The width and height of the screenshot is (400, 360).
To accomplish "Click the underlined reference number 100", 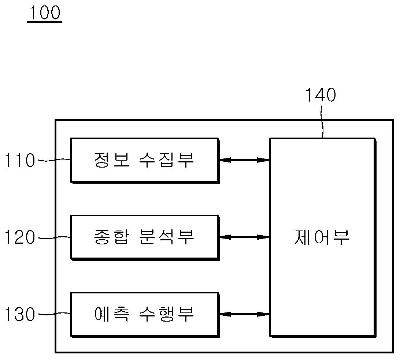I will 44,14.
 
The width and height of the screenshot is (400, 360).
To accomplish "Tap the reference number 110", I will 20,161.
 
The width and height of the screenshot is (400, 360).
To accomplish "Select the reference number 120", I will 20,238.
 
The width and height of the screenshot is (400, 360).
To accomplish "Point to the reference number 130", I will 20,315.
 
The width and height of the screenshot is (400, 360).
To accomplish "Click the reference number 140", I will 321,95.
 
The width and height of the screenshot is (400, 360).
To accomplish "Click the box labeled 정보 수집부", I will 144,160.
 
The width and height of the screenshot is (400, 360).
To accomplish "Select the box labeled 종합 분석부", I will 144,237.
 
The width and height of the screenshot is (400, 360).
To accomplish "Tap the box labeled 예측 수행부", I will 144,314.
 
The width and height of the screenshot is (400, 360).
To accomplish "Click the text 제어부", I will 322,237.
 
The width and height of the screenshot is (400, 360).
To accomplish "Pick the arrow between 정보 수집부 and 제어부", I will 244,160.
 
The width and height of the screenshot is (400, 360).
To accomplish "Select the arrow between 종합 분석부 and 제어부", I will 244,237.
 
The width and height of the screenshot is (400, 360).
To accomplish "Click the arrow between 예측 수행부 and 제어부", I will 244,314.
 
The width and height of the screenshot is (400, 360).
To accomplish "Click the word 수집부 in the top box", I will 167,160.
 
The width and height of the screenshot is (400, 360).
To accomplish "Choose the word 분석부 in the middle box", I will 167,237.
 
